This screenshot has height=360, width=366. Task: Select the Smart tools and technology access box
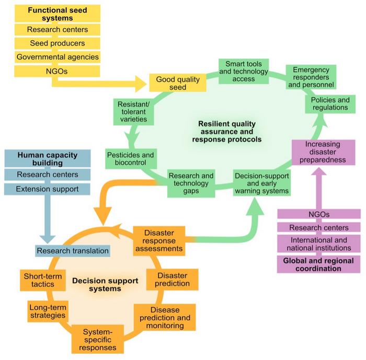[243, 71]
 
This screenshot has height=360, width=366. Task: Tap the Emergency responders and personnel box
[310, 77]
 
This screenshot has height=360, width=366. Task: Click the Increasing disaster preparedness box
[323, 152]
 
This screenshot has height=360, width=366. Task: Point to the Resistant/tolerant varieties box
[132, 111]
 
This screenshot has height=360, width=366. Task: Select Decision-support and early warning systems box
[261, 183]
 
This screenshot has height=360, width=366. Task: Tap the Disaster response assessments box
[159, 240]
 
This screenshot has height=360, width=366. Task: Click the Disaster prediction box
[172, 278]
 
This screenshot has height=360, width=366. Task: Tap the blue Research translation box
[73, 251]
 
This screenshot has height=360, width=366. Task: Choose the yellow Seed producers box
[58, 43]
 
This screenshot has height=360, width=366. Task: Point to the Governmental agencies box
[58, 56]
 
